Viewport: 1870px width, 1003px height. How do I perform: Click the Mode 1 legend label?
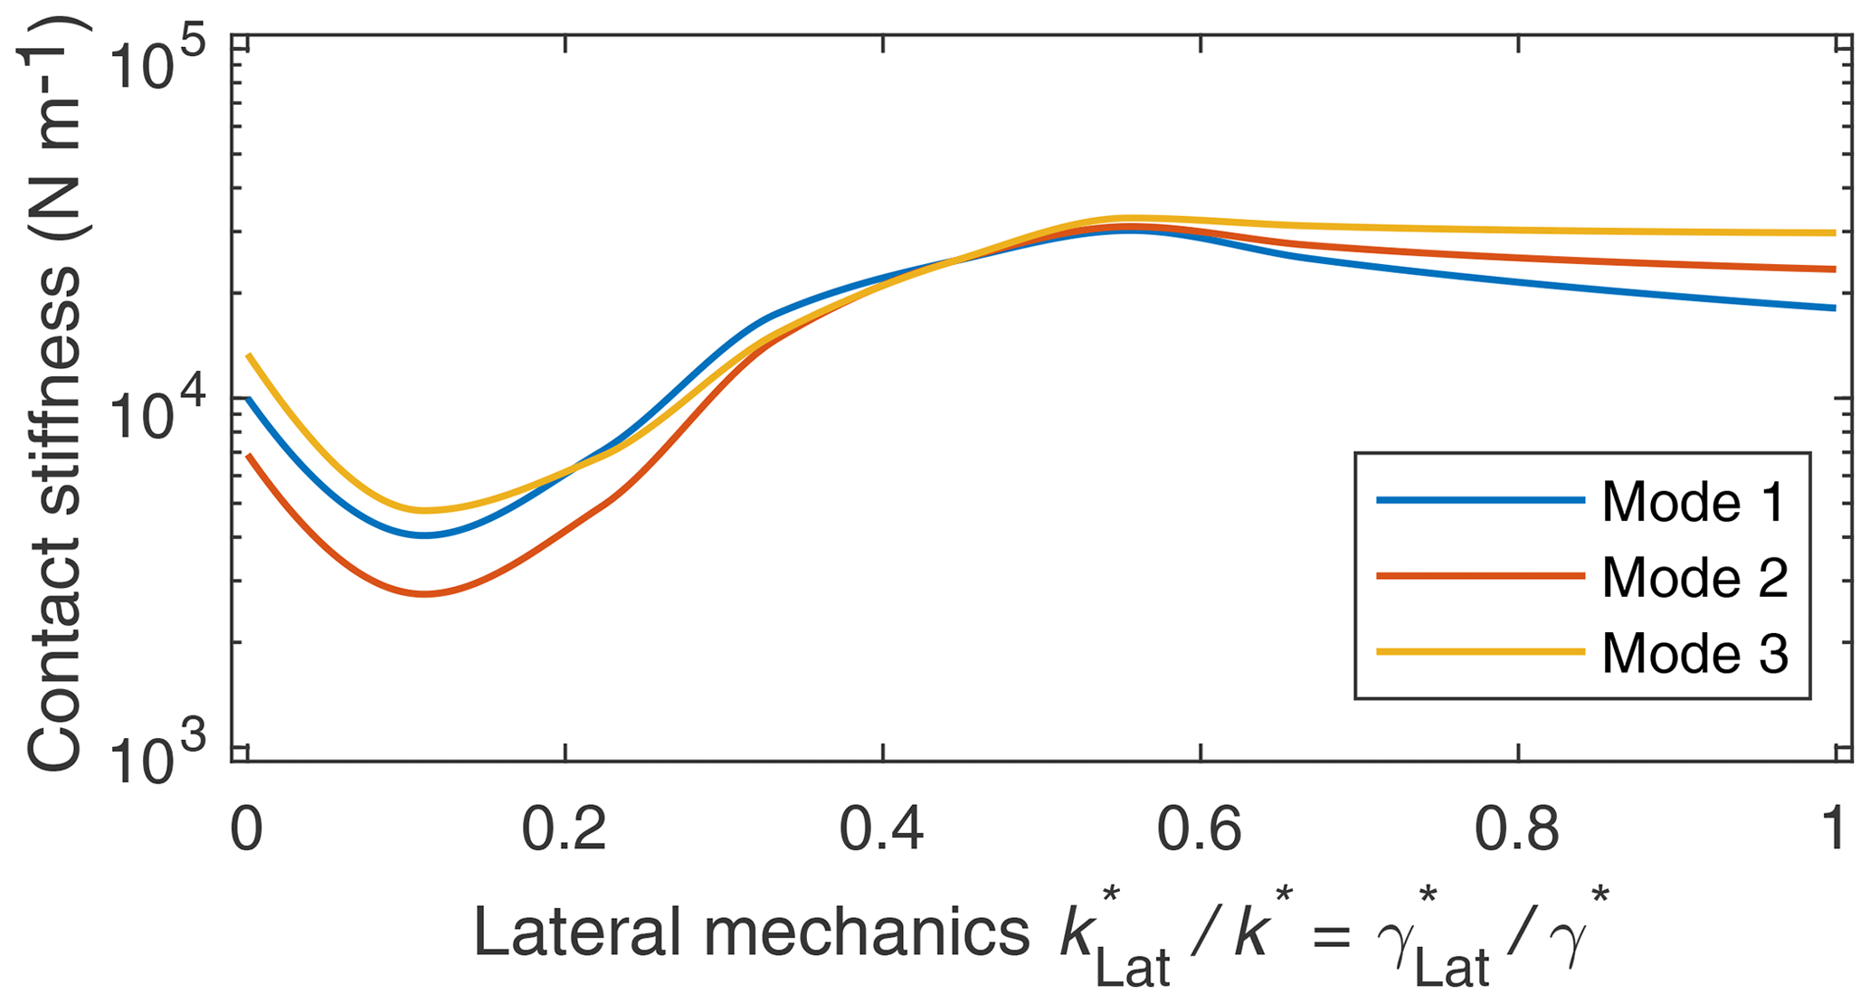click(1694, 502)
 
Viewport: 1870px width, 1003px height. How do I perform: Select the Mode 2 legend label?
click(1694, 577)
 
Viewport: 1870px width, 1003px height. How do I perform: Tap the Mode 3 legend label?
click(1694, 653)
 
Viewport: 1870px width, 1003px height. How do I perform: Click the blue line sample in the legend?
click(1480, 500)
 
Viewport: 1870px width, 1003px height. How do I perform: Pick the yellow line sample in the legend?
click(1480, 651)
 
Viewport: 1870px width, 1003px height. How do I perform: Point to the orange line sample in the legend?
click(1480, 576)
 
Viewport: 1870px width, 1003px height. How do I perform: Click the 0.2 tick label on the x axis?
click(564, 829)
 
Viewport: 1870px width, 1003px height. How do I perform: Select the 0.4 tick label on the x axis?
click(882, 829)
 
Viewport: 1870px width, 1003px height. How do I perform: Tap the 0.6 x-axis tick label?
click(1201, 829)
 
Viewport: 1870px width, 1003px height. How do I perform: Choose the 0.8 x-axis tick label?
click(1518, 829)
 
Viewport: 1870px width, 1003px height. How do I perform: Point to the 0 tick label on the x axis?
click(245, 829)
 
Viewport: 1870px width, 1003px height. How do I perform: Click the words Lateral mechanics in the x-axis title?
click(751, 933)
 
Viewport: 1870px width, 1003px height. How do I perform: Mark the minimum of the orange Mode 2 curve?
click(423, 594)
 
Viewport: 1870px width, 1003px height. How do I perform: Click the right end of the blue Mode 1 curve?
click(1834, 308)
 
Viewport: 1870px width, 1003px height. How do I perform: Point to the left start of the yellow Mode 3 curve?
click(248, 355)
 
